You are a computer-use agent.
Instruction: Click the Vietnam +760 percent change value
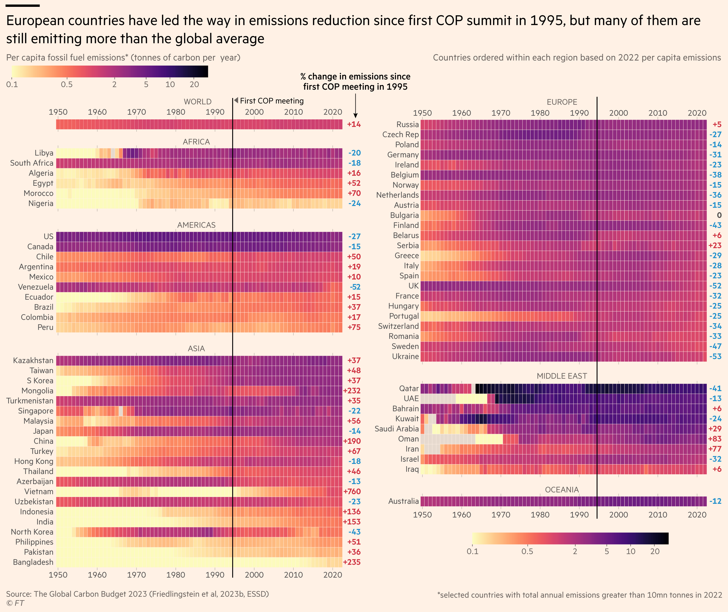click(352, 491)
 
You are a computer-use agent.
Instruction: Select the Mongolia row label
click(37, 391)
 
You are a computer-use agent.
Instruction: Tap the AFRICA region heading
click(196, 142)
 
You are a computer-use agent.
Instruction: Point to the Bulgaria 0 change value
click(719, 215)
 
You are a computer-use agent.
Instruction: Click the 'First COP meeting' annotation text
click(272, 101)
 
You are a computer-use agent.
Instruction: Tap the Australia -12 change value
click(715, 501)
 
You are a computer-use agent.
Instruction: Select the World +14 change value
click(354, 124)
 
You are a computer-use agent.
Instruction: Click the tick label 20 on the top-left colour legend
click(194, 84)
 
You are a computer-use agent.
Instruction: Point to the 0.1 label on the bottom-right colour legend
click(472, 551)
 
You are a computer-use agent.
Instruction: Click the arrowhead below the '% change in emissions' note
click(355, 116)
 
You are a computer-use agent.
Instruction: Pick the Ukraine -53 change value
click(715, 356)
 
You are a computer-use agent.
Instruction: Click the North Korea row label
click(32, 532)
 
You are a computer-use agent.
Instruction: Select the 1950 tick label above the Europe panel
click(422, 113)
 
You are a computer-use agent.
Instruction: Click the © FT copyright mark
click(15, 603)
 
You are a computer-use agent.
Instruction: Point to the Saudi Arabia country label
click(396, 429)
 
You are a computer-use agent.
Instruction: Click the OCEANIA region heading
click(562, 490)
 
